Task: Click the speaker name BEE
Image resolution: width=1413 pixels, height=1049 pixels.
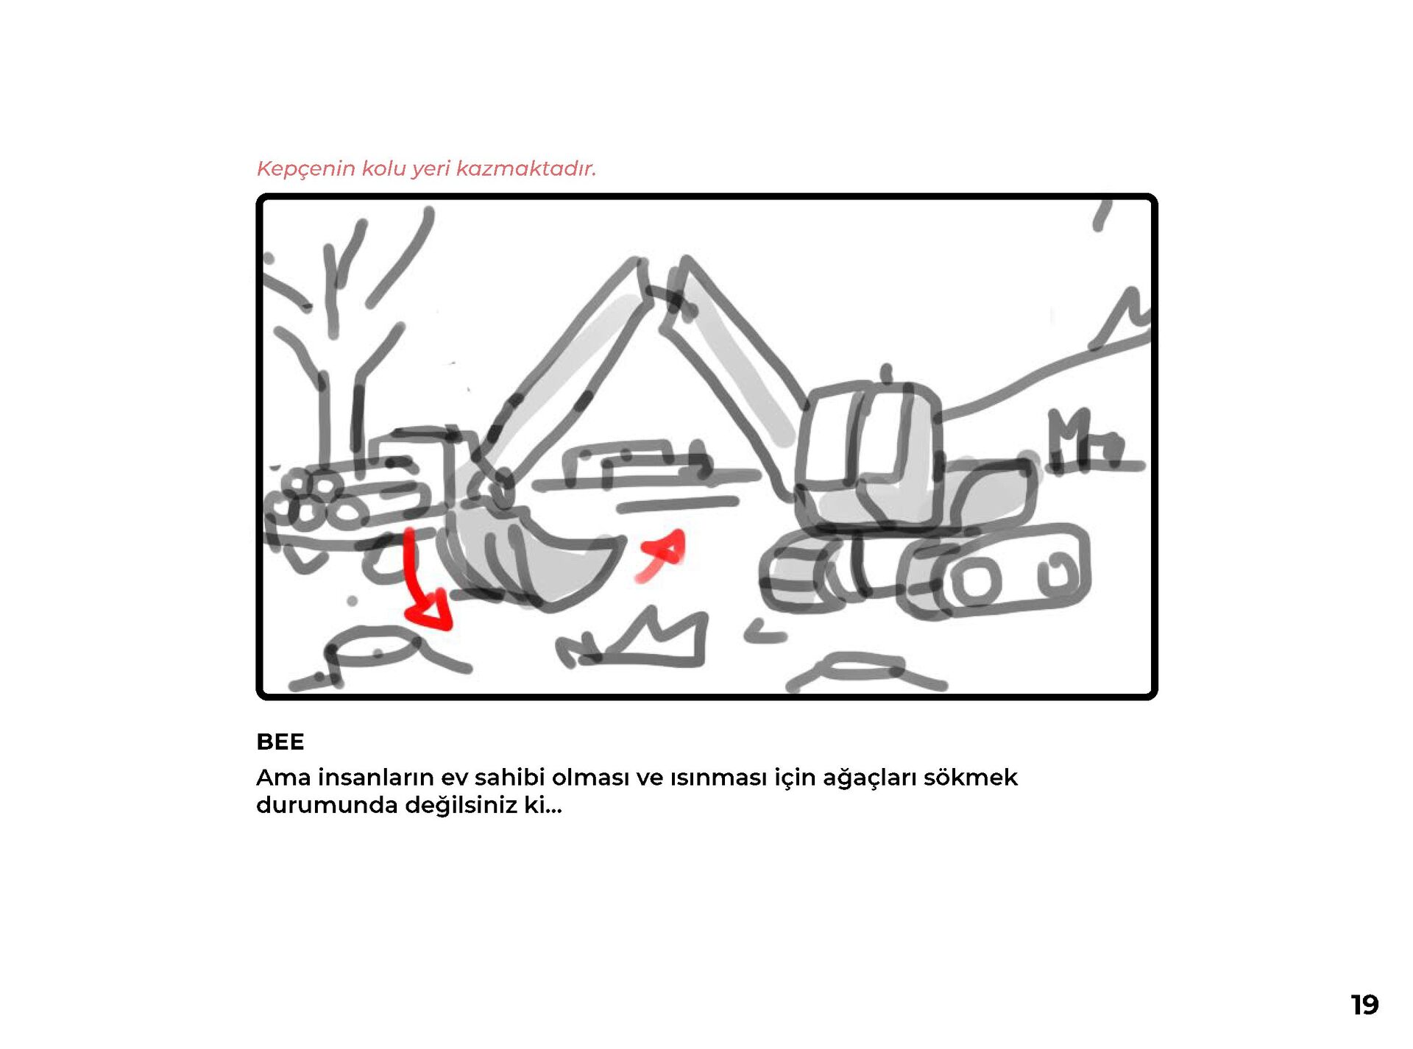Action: click(x=280, y=742)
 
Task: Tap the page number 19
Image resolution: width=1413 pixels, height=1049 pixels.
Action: click(x=1364, y=1005)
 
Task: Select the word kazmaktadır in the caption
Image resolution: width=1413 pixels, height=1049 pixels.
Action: click(x=525, y=168)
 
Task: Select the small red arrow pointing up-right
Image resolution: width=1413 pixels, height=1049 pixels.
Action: click(x=662, y=556)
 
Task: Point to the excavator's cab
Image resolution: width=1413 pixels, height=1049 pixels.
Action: click(x=868, y=456)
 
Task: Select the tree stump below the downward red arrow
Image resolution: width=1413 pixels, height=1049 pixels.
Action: click(x=375, y=651)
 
